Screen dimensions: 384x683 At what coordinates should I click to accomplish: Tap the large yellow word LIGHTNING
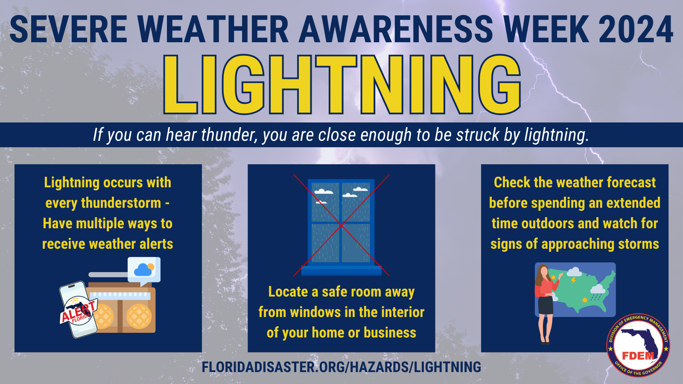coord(341,85)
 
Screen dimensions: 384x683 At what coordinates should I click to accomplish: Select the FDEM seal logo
coord(638,346)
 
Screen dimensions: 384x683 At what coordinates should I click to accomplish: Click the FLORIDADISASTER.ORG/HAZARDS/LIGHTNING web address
coord(341,367)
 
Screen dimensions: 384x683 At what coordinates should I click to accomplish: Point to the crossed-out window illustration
coord(341,225)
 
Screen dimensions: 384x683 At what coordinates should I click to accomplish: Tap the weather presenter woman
coord(545,303)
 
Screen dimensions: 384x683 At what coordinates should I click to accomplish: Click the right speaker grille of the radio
coord(139,317)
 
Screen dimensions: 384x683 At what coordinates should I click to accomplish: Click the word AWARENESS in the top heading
coord(396,30)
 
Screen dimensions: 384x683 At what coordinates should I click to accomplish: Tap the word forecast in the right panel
coord(631,183)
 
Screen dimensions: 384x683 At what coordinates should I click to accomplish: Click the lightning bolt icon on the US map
coord(573,281)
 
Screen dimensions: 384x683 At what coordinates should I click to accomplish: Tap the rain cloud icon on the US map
coord(597,291)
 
